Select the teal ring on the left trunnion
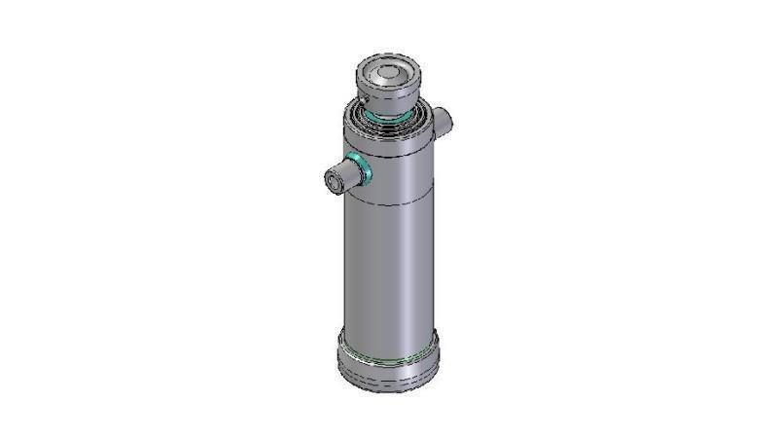pos(360,169)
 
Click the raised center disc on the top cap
pos(388,73)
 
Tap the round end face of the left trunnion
pos(332,180)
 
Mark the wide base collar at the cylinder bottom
pos(388,362)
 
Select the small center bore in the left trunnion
pos(330,180)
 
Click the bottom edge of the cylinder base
pos(388,388)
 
